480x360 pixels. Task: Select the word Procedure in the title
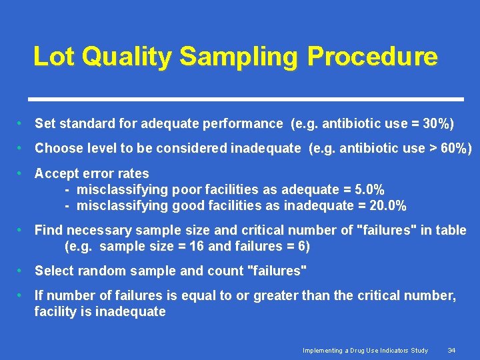point(372,57)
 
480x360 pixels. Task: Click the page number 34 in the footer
point(451,350)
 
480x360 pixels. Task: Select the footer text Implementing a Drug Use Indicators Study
point(365,350)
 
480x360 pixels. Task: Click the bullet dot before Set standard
point(22,123)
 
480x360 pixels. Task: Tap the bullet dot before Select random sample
point(22,271)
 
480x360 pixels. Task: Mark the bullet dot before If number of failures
point(22,295)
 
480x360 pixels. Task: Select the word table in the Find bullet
point(451,230)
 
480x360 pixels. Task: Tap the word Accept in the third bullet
point(57,173)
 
